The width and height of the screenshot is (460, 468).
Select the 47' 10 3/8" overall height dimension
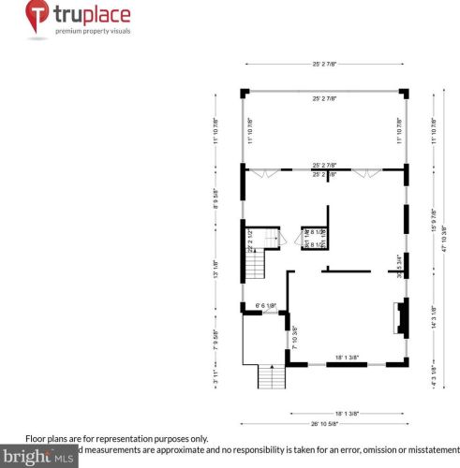tap(446, 240)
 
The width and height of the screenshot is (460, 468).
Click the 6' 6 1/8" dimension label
tap(270, 305)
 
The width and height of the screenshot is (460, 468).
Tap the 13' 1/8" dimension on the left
tap(215, 269)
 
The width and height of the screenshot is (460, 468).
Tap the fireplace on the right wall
tap(401, 319)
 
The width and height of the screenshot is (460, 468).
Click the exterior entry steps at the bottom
tap(271, 378)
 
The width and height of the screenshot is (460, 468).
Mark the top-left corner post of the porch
tap(245, 92)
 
